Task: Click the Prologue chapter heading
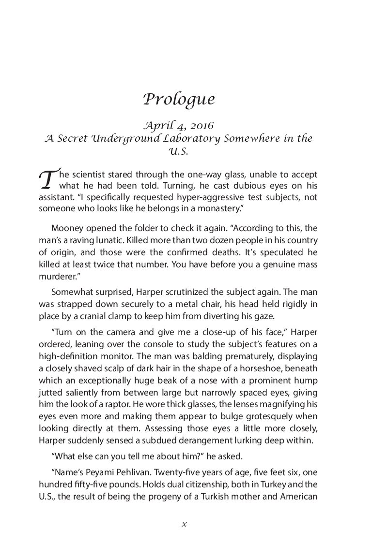click(179, 99)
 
